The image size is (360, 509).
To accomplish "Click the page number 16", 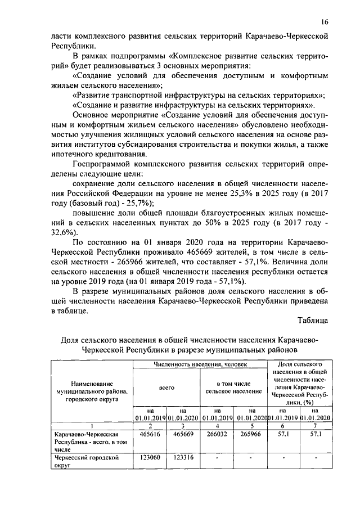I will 325,22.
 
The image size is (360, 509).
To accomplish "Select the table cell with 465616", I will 149,435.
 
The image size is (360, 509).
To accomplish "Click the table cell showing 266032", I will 217,435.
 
